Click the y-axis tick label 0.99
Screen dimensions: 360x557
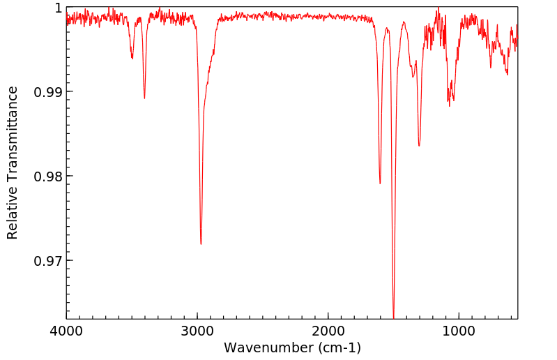click(49, 92)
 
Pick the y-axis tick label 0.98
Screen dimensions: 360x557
click(49, 177)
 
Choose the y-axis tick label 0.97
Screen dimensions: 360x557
click(49, 261)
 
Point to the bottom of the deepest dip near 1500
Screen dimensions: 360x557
click(394, 317)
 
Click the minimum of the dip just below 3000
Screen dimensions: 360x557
click(201, 244)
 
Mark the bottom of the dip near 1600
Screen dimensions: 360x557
click(380, 183)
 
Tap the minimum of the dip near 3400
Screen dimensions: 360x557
click(144, 98)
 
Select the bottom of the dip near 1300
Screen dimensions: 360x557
click(419, 146)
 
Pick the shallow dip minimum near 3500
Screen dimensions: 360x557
click(132, 59)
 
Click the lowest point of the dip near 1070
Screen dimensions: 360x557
click(449, 105)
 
